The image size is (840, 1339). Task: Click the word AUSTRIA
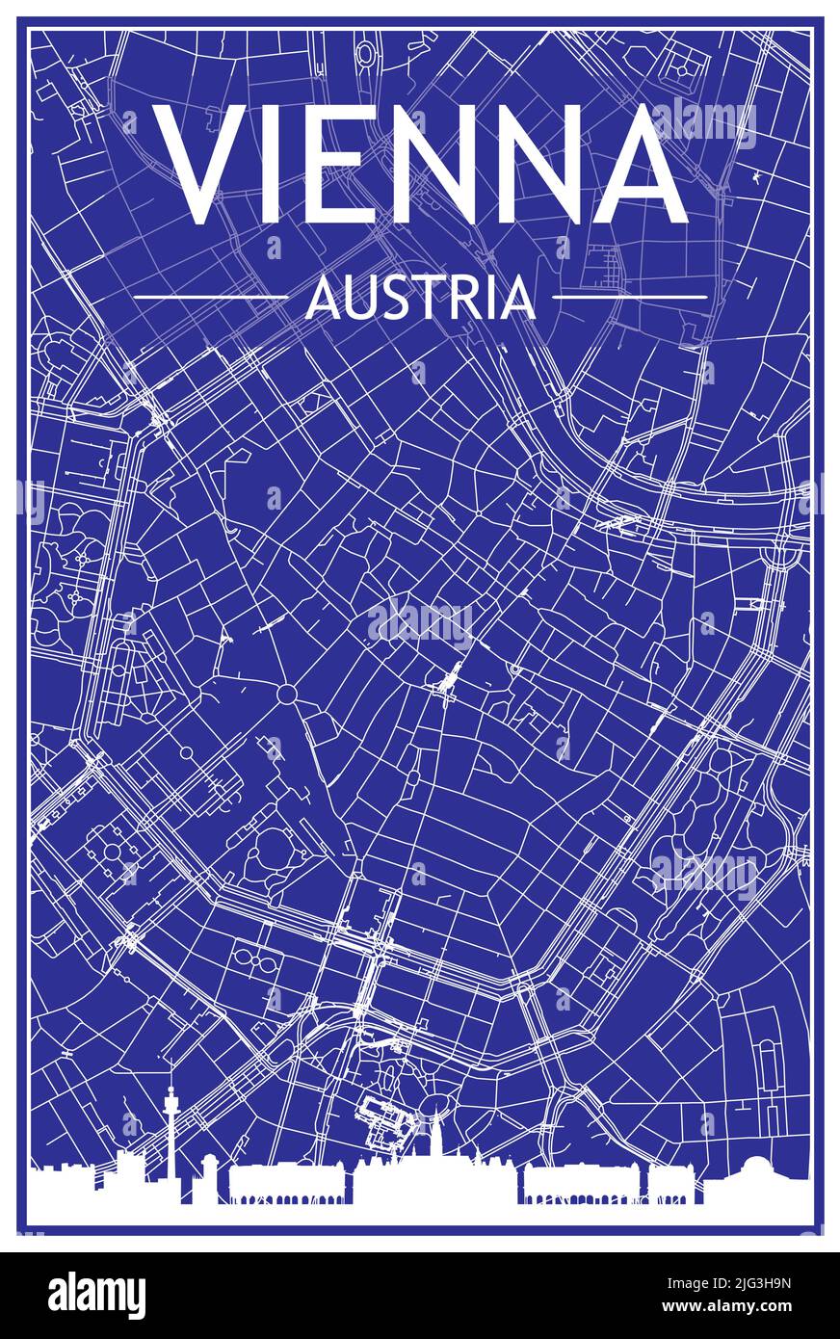pos(420,298)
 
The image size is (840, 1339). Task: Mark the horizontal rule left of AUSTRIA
pos(210,298)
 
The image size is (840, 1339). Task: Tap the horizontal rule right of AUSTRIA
pos(630,298)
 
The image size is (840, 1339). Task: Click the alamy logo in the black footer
pos(96,1296)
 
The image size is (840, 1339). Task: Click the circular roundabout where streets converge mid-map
pos(287,694)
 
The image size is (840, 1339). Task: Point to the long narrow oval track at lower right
pos(768,1064)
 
